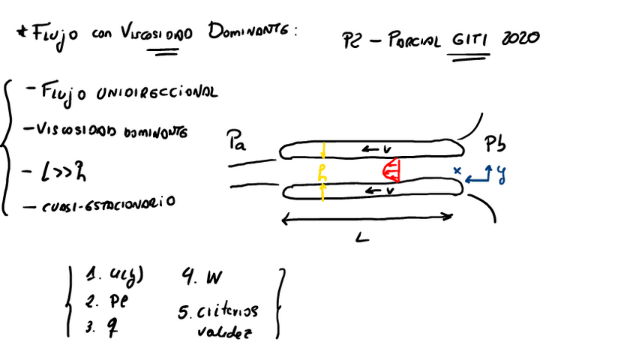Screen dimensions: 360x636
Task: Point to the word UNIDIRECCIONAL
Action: pyautogui.click(x=153, y=93)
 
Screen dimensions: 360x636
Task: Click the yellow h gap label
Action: pyautogui.click(x=322, y=173)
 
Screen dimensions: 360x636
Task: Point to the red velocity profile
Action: pyautogui.click(x=391, y=172)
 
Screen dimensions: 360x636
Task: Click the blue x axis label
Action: pyautogui.click(x=457, y=172)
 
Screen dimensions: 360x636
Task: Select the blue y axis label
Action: pyautogui.click(x=501, y=175)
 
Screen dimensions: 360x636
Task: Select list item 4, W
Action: pyautogui.click(x=202, y=278)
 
